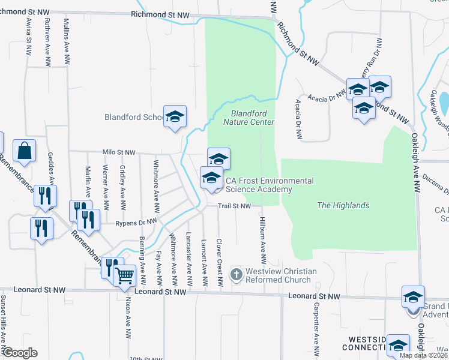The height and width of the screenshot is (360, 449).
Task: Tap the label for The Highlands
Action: [343, 206]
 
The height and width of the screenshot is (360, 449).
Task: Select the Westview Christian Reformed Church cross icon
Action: [237, 275]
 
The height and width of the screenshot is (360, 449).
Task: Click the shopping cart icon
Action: [124, 277]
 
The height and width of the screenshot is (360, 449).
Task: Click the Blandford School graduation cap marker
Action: [175, 117]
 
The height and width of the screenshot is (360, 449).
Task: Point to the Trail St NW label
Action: [234, 206]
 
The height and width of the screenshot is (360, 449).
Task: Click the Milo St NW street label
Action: [119, 153]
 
